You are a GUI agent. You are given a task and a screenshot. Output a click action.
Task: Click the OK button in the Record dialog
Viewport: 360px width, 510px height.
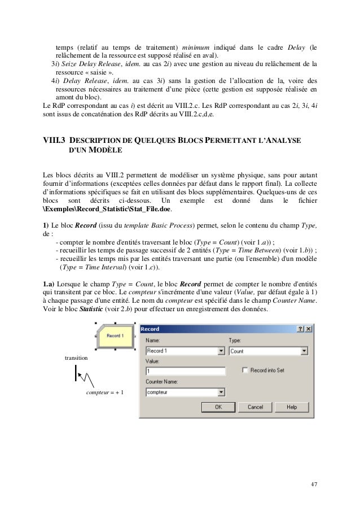[x=217, y=407]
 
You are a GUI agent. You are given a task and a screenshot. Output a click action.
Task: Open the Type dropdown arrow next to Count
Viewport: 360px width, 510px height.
[x=304, y=351]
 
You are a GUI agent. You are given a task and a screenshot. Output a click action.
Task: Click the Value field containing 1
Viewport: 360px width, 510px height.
[x=185, y=371]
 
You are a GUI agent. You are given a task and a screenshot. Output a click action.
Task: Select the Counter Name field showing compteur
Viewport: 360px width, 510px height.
[x=181, y=391]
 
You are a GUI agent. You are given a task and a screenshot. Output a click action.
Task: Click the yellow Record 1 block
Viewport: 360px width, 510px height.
[x=116, y=335]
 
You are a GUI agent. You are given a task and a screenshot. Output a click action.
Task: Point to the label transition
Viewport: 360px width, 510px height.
[x=77, y=358]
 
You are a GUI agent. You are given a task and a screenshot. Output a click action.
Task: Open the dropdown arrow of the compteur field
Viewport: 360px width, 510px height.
[x=221, y=391]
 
